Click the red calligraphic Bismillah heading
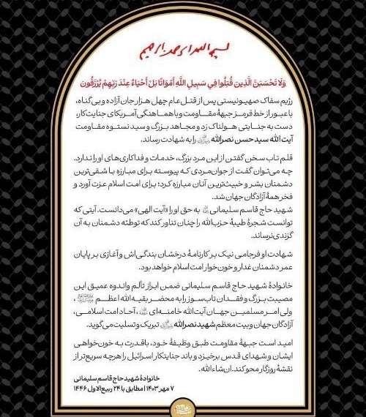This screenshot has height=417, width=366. tap(183, 53)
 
